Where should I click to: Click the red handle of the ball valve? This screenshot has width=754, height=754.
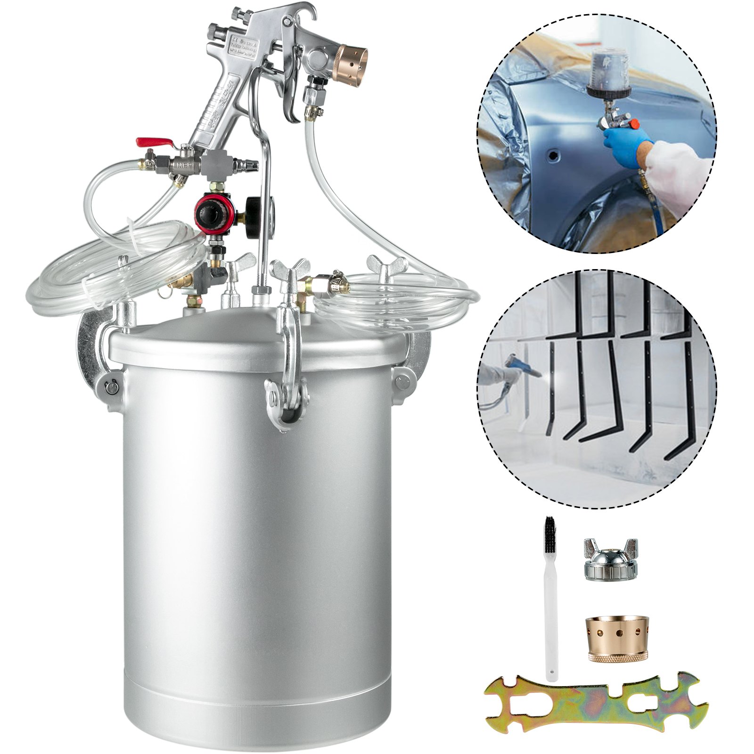[x=150, y=142]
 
